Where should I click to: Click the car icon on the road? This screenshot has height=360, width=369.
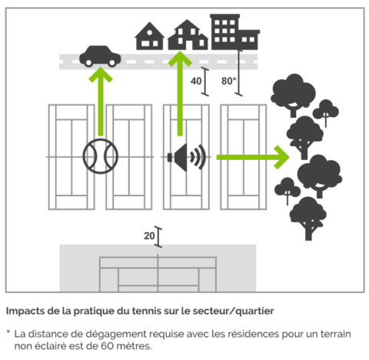click(100, 56)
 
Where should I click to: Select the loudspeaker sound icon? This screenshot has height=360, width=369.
click(187, 157)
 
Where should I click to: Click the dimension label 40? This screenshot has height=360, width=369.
click(196, 81)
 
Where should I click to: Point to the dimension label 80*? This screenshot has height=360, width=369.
click(228, 81)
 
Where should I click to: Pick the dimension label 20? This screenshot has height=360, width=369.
click(149, 236)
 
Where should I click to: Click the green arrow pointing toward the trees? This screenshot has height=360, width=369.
click(253, 157)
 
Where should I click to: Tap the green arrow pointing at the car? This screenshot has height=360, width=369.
click(101, 102)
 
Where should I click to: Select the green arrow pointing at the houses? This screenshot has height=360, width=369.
click(180, 93)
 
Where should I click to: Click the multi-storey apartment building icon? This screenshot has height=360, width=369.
click(234, 32)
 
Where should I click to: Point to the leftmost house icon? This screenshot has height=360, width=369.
click(149, 36)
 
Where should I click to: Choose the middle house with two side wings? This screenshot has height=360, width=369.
click(188, 35)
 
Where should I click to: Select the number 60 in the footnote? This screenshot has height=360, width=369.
click(107, 346)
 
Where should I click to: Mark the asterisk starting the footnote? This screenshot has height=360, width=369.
click(8, 332)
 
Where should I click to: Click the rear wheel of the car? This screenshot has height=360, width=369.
click(88, 62)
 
